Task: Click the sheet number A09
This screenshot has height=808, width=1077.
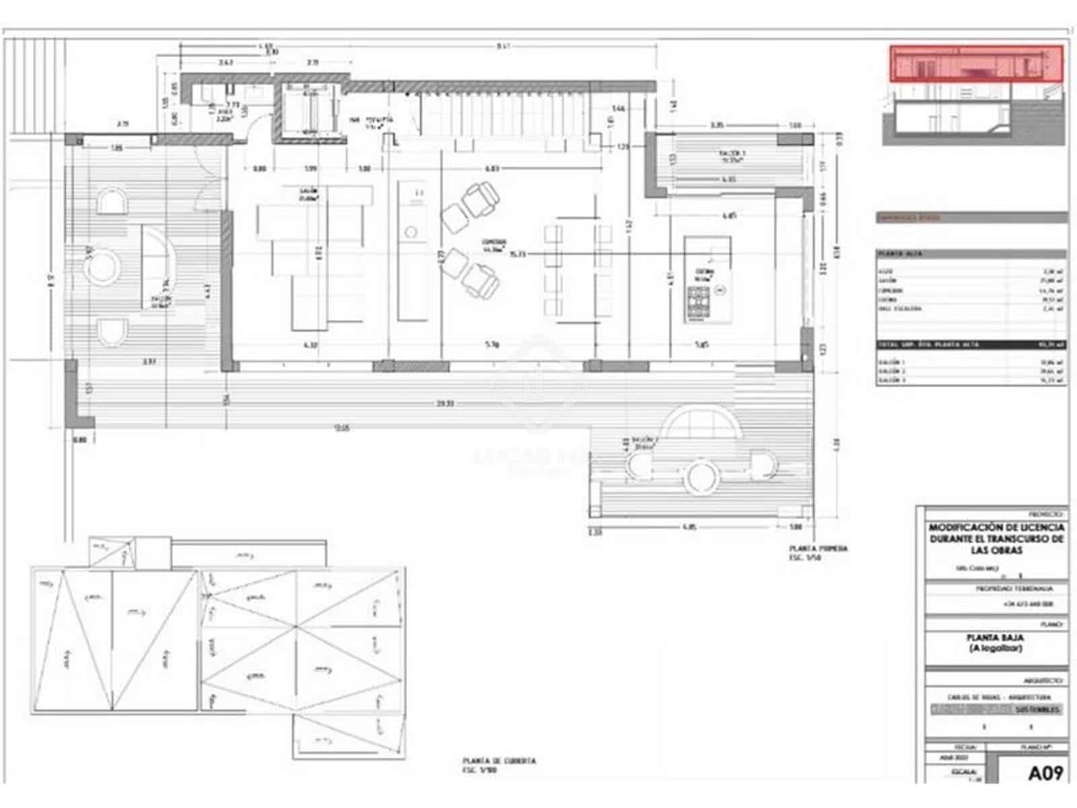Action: coord(1045,773)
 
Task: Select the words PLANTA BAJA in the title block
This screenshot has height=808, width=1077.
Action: coord(995,637)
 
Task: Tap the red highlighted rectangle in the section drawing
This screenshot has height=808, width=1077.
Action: coord(976,63)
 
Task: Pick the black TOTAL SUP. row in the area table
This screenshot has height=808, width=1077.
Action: coord(969,345)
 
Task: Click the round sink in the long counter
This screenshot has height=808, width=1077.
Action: coord(411,233)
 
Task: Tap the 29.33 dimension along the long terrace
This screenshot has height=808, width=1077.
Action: coord(444,403)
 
